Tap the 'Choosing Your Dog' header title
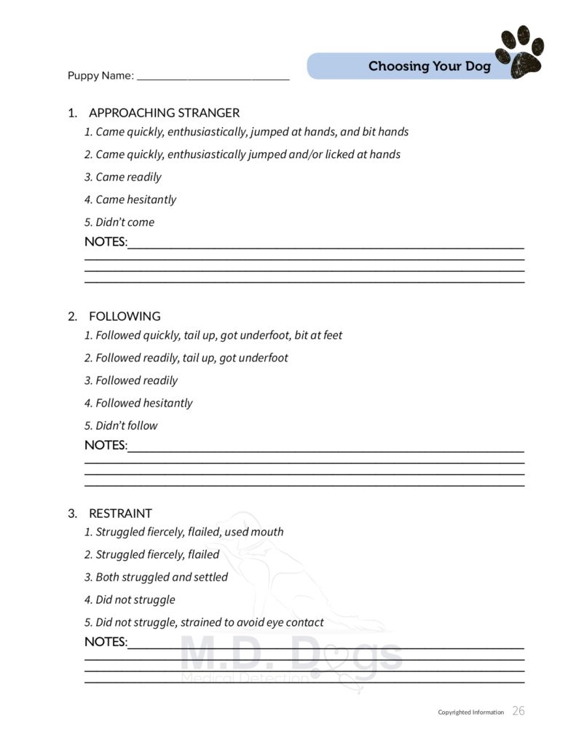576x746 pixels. point(429,66)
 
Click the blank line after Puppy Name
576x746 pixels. point(213,76)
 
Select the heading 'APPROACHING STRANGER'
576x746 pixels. point(164,113)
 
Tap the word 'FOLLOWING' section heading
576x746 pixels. point(125,316)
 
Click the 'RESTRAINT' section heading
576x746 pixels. point(120,513)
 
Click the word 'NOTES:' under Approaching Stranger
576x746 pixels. point(106,242)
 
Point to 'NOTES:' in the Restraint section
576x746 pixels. point(106,642)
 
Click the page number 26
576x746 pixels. point(518,711)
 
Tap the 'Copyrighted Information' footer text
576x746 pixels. point(470,712)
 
